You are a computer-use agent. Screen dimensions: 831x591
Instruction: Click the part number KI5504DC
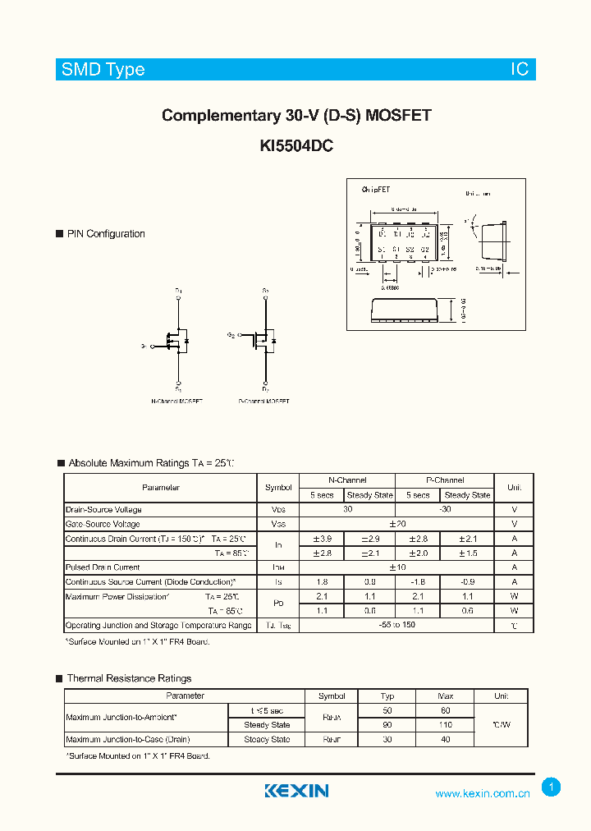click(295, 145)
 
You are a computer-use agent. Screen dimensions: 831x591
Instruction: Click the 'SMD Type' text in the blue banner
click(103, 70)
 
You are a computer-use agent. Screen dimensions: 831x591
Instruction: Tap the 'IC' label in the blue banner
click(520, 70)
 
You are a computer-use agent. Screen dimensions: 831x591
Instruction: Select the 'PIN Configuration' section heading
click(106, 234)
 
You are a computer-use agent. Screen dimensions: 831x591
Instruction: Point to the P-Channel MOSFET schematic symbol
click(263, 338)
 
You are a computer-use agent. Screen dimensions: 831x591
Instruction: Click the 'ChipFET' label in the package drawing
click(377, 190)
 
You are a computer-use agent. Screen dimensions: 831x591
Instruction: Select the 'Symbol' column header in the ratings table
click(278, 488)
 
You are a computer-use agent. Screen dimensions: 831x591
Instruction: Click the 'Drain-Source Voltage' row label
click(103, 510)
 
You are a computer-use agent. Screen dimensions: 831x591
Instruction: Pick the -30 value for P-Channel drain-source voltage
click(444, 509)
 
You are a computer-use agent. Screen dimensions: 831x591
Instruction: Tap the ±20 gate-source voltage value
click(396, 524)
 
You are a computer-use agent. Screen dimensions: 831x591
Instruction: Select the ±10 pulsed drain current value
click(396, 567)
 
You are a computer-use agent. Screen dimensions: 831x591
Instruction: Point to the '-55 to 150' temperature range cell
click(396, 626)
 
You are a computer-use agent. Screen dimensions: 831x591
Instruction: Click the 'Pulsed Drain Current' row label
click(103, 567)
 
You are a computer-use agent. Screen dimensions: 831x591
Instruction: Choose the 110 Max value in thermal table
click(445, 725)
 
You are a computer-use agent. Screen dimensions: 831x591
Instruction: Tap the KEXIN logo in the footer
click(296, 791)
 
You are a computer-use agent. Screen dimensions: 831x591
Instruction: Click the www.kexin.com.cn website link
click(482, 793)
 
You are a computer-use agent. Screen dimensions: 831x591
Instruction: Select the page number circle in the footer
click(551, 787)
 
